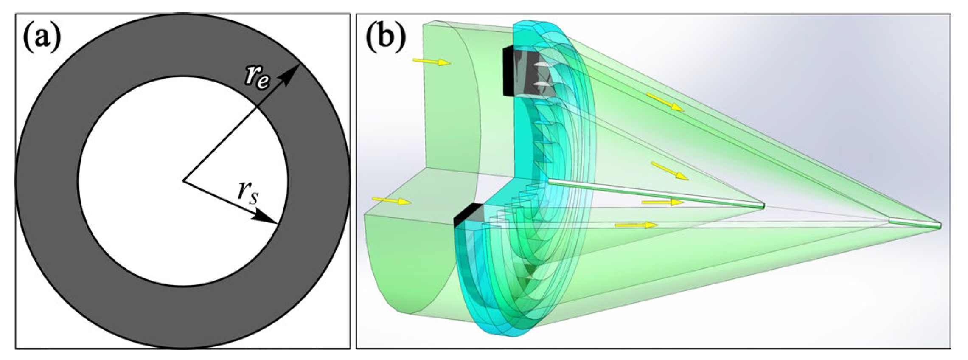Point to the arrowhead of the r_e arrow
293,71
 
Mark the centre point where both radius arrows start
183,181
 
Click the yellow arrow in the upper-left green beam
431,62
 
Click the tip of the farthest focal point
940,225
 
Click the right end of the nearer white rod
763,206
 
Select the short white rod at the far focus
915,222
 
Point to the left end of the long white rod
550,182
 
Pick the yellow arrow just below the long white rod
662,202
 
